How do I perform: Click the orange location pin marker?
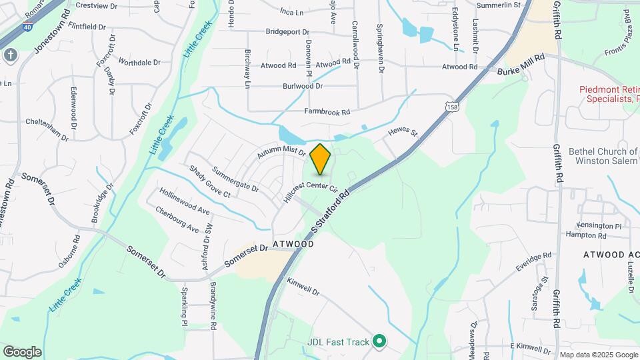(321, 159)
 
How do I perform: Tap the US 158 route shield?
(453, 107)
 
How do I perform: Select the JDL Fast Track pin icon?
(379, 342)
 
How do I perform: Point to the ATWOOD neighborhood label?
(293, 245)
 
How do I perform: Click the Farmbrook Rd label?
(327, 112)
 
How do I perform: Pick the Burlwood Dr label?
(303, 86)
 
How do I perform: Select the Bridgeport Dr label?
(287, 31)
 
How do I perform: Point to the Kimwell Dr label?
(303, 287)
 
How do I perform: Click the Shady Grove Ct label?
(209, 182)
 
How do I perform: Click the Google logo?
(22, 351)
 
